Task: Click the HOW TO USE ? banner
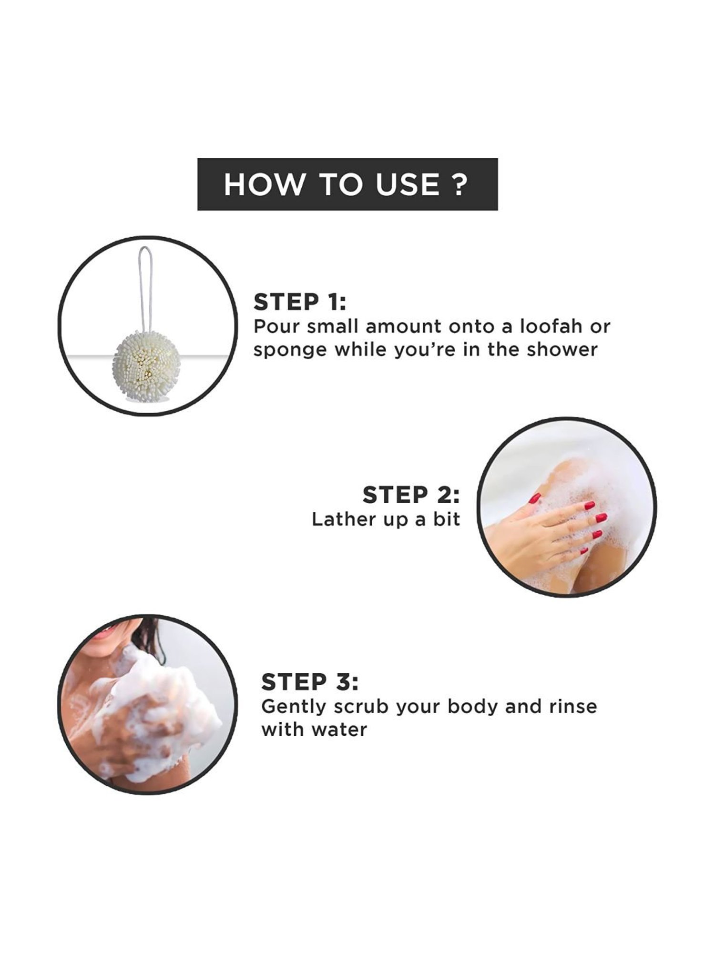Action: pyautogui.click(x=347, y=184)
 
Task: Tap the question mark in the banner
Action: pyautogui.click(x=459, y=184)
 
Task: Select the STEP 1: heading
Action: pyautogui.click(x=300, y=302)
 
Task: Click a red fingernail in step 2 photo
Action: pyautogui.click(x=601, y=517)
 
